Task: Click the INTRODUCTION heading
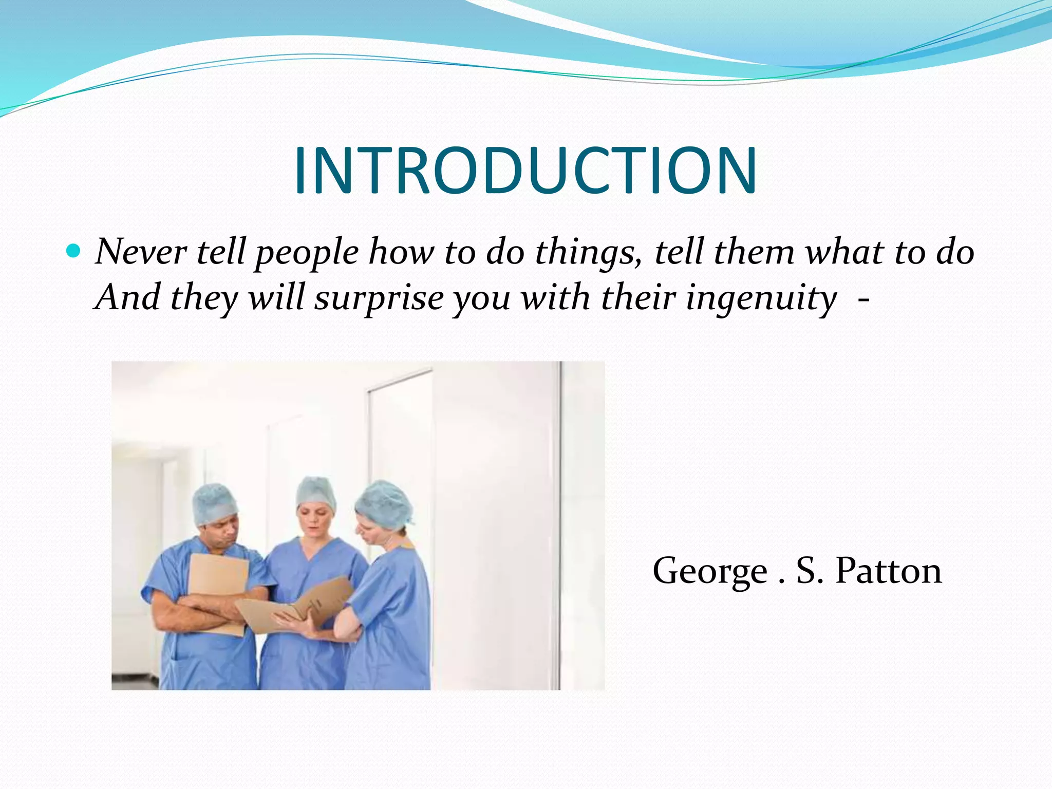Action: (x=525, y=171)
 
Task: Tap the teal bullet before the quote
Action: (x=74, y=251)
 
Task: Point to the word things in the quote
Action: (x=588, y=253)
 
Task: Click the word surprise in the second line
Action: (x=379, y=298)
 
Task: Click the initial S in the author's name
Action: (x=808, y=571)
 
